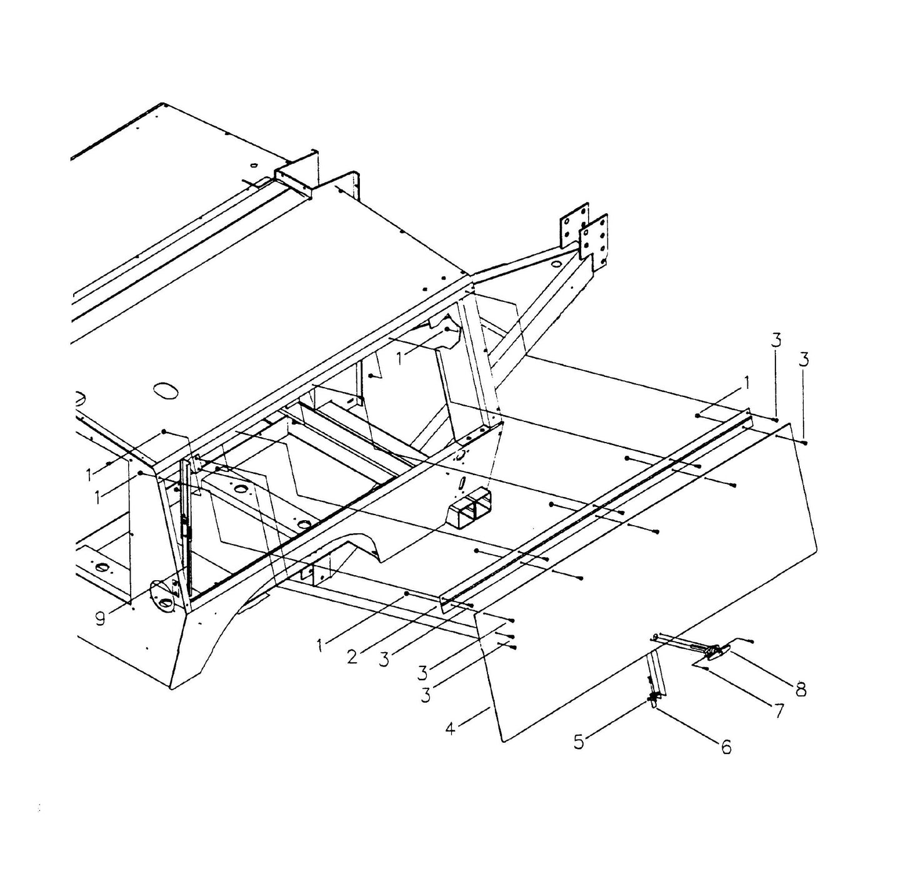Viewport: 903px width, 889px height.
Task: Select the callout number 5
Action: pyautogui.click(x=579, y=741)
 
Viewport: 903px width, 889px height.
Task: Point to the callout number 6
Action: pyautogui.click(x=726, y=746)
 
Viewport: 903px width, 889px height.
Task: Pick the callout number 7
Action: pyautogui.click(x=779, y=711)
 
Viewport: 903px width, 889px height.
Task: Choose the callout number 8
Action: pyautogui.click(x=800, y=689)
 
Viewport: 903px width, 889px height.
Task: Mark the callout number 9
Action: pyautogui.click(x=101, y=618)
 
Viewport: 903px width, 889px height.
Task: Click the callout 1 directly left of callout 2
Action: pyautogui.click(x=321, y=645)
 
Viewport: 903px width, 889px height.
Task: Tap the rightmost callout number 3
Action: pyautogui.click(x=804, y=359)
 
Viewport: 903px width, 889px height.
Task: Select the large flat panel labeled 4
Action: pyautogui.click(x=650, y=581)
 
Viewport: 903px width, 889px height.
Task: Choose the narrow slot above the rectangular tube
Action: pyautogui.click(x=461, y=485)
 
